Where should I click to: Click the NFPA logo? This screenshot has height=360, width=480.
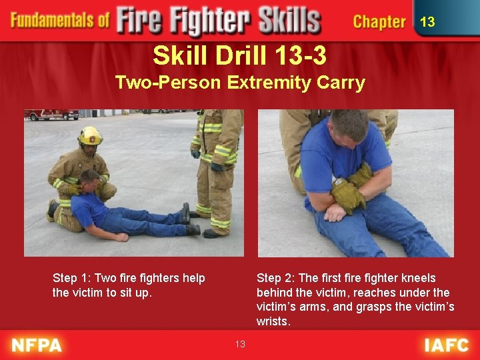pos(36,345)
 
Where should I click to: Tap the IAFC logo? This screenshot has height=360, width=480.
pos(447,345)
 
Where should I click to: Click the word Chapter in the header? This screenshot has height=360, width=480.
pos(379,21)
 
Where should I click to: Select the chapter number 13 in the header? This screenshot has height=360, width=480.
pos(427,22)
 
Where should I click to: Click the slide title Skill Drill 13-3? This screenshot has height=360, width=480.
pos(239,55)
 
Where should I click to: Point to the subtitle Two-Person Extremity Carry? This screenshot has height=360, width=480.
pos(239,83)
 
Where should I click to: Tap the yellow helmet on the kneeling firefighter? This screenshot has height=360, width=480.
pos(90,135)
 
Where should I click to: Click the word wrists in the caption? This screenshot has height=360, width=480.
pos(272,321)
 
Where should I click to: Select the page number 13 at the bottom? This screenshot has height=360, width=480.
pos(240,344)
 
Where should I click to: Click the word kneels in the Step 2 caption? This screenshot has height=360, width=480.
pos(419,278)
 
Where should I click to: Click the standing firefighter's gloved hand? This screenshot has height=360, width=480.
pos(217,167)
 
